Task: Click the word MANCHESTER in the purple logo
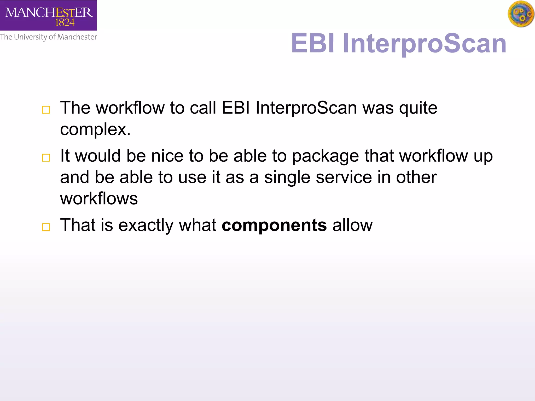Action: point(49,12)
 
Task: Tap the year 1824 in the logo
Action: point(65,23)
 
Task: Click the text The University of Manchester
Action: point(48,37)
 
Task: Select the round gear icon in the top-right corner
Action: point(521,14)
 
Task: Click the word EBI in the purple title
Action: point(312,43)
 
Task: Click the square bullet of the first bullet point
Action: point(46,110)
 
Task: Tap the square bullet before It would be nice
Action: point(46,158)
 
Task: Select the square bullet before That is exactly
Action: point(46,227)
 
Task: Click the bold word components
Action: point(274,225)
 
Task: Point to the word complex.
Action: point(95,129)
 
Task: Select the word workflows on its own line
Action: point(99,199)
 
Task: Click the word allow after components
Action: point(352,225)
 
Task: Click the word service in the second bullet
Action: point(344,178)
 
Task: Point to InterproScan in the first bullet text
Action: point(306,108)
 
